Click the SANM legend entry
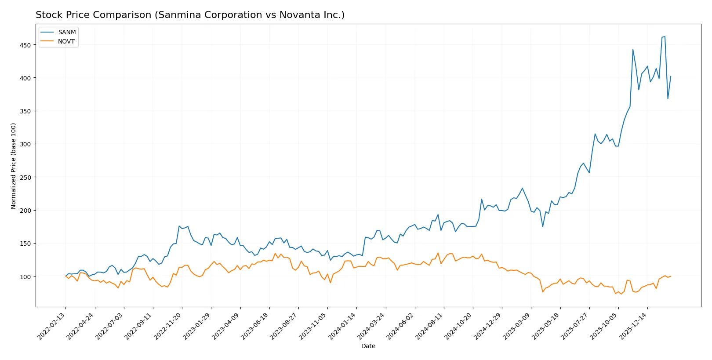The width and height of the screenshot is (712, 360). click(x=66, y=32)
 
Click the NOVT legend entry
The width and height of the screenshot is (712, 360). click(x=66, y=41)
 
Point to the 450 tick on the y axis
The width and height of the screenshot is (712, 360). click(x=25, y=45)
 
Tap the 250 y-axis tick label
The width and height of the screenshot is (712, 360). click(x=25, y=177)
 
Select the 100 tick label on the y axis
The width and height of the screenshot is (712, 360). click(x=25, y=276)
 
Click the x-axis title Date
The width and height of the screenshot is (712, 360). click(x=368, y=346)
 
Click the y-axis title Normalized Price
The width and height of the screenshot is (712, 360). click(x=14, y=166)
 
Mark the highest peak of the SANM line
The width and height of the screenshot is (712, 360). click(x=665, y=36)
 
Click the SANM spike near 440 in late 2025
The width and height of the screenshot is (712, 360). click(x=633, y=49)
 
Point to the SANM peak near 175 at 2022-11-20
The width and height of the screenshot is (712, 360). click(x=179, y=226)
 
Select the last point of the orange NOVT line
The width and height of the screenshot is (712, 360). click(x=671, y=276)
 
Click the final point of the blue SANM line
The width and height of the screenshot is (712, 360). click(x=671, y=76)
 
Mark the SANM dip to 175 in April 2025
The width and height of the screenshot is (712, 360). click(x=543, y=226)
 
